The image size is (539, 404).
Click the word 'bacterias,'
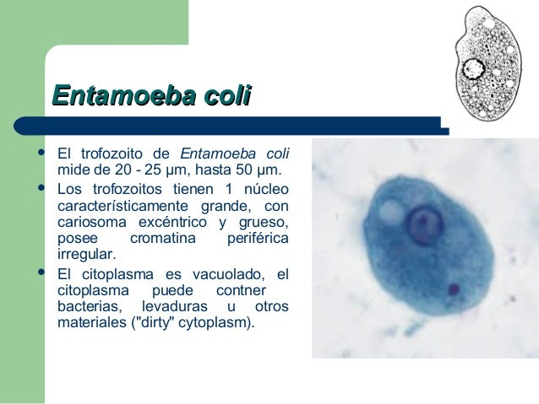[89, 307]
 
